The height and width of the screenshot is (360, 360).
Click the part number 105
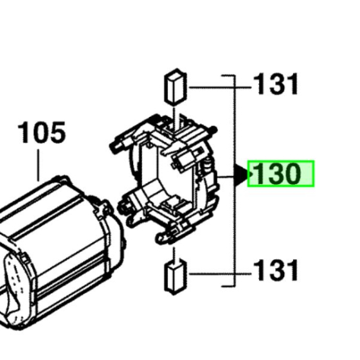(x=42, y=134)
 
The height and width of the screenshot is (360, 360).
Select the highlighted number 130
(x=280, y=174)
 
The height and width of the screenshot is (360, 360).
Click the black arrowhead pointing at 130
(x=241, y=174)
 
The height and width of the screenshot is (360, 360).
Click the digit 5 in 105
(x=57, y=134)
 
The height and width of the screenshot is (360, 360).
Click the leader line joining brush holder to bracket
(x=225, y=174)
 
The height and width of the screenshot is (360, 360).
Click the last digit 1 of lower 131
(x=293, y=271)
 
